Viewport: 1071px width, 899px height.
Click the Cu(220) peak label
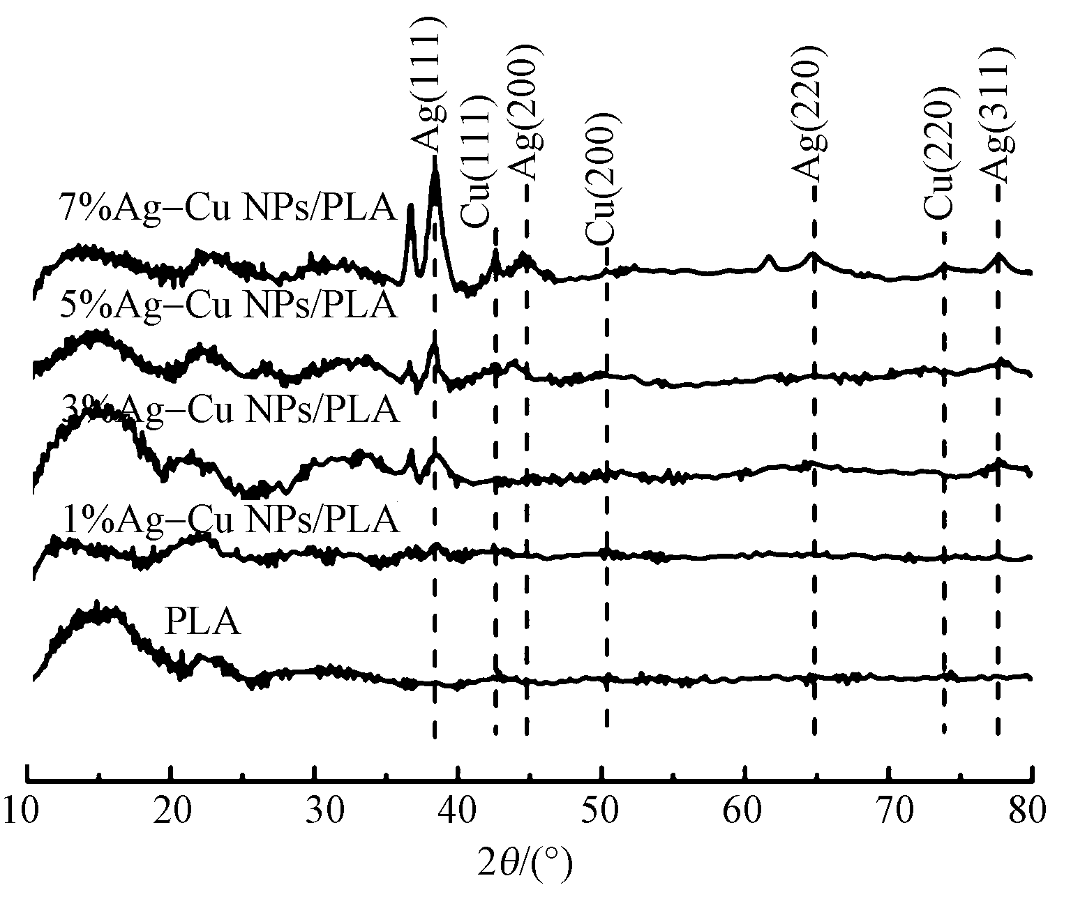(938, 155)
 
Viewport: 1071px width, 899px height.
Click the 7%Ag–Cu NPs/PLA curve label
(227, 207)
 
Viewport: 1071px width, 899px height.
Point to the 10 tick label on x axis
(27, 812)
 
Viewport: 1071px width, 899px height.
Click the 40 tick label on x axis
(458, 812)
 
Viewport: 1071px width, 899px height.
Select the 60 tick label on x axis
(745, 812)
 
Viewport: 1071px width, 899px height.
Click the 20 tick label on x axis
(171, 812)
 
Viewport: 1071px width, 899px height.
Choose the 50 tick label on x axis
(601, 812)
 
